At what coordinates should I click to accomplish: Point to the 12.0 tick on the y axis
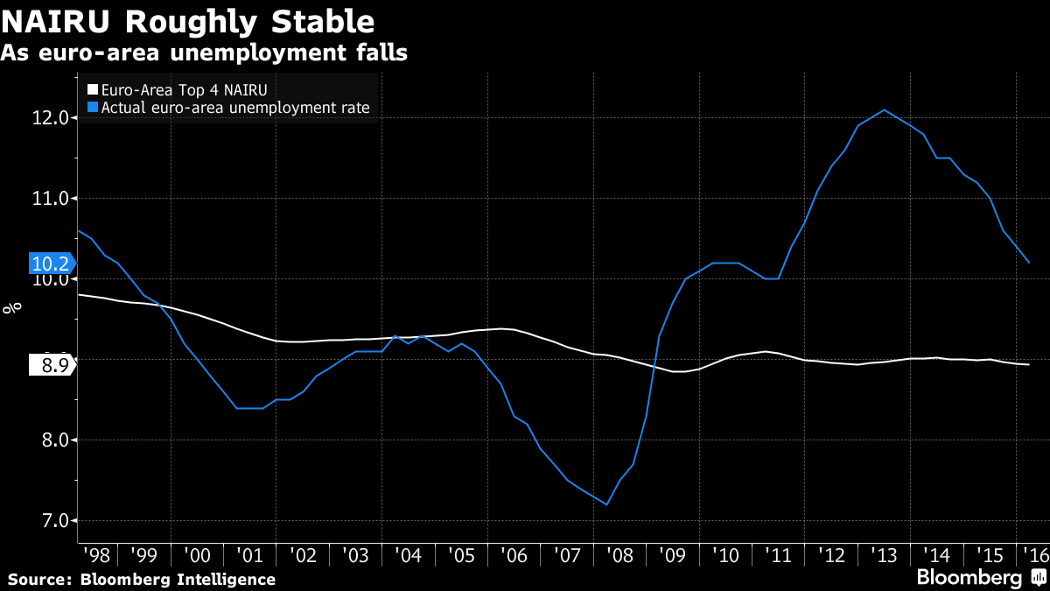(50, 118)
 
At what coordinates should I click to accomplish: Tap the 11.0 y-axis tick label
(50, 199)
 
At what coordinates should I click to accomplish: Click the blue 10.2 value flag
(51, 264)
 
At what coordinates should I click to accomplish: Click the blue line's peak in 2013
(884, 110)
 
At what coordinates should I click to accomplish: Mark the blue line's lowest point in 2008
(606, 504)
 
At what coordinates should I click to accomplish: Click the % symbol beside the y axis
(12, 307)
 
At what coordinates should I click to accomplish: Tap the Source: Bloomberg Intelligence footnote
(142, 579)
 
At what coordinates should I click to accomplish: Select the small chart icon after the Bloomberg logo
(1038, 577)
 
